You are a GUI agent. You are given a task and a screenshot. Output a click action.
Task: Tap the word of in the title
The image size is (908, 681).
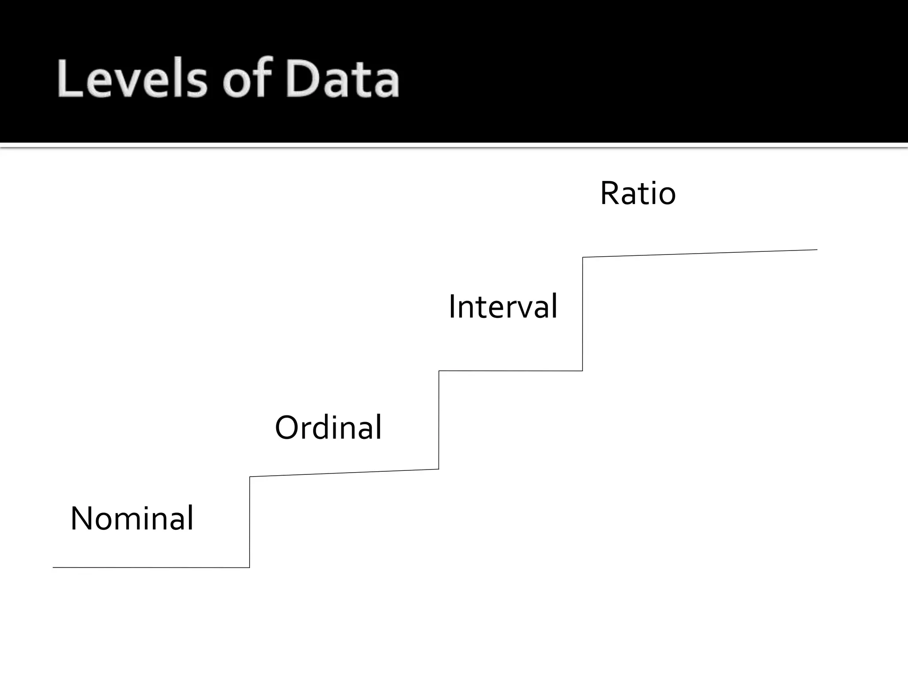247,79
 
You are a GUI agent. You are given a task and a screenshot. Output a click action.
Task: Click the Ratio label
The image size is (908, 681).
638,193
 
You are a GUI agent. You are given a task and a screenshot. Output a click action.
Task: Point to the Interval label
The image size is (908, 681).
503,306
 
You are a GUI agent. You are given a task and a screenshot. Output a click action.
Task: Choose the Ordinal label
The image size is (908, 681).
328,427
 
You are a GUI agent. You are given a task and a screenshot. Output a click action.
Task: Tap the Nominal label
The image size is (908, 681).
132,518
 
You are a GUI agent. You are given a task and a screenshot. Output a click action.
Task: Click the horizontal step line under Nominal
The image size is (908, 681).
151,567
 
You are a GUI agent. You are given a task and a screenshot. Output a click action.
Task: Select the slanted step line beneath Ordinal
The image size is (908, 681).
344,473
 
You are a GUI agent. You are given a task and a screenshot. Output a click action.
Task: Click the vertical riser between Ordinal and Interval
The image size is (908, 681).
439,420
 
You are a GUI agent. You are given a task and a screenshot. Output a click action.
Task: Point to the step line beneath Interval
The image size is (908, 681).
511,371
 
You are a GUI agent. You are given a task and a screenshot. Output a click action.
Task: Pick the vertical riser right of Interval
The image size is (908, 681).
583,314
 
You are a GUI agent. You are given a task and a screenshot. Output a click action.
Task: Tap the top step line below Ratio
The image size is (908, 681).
700,254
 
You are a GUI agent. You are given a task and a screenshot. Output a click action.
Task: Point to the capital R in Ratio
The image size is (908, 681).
610,193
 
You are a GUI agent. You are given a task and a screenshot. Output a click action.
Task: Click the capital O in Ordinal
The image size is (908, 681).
289,427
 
